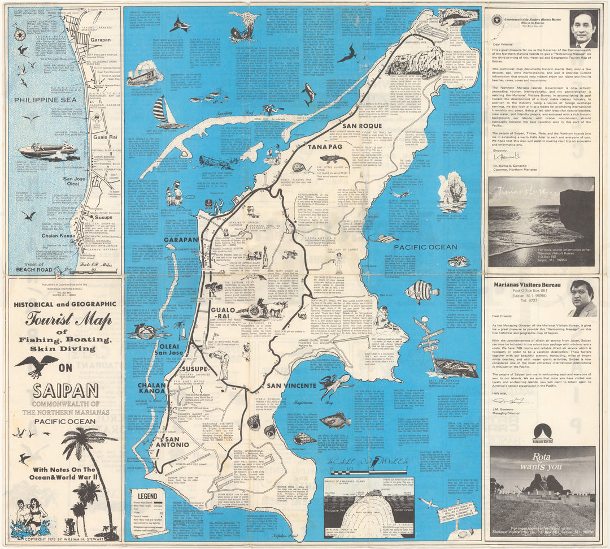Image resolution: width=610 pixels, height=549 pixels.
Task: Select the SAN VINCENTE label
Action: click(291, 386)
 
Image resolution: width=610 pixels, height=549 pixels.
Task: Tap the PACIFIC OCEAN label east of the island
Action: click(425, 247)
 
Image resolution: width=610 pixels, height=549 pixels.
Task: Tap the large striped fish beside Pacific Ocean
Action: click(421, 292)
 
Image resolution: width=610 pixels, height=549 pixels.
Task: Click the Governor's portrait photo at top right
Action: click(582, 28)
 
